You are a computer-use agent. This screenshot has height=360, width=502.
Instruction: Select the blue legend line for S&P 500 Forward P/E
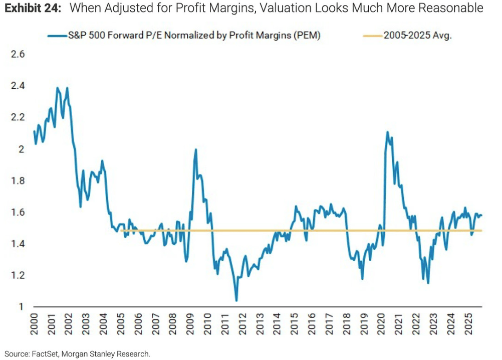pos(57,36)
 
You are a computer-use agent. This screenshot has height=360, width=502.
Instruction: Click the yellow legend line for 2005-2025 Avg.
pos(372,36)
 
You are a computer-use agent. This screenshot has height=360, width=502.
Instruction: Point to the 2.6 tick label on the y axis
pos(17,54)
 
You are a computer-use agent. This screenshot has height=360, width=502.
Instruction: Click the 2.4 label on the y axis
pos(17,86)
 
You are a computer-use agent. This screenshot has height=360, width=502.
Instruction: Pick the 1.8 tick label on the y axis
pos(17,181)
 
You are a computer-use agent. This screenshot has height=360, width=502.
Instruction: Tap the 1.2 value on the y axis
pos(17,275)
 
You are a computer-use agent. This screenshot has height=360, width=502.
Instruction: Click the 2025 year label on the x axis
pos(469,323)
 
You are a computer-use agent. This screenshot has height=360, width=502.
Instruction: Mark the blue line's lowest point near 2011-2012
pos(236,301)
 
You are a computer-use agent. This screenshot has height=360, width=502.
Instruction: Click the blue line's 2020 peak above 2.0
pos(387,132)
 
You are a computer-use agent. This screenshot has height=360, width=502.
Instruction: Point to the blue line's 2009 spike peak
pos(195,149)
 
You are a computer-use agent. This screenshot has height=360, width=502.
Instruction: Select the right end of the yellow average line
pos(481,231)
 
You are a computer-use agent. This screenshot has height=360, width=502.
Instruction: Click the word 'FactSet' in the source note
pos(41,354)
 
